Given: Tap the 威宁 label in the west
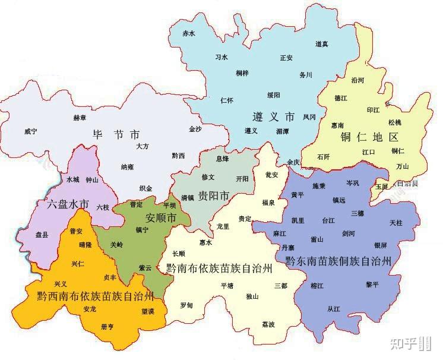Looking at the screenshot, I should pyautogui.click(x=31, y=131).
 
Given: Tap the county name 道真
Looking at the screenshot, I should pyautogui.click(x=322, y=45).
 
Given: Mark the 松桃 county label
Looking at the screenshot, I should pyautogui.click(x=395, y=122).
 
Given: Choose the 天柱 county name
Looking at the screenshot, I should pyautogui.click(x=396, y=222).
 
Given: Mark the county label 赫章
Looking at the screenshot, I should pyautogui.click(x=80, y=118).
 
